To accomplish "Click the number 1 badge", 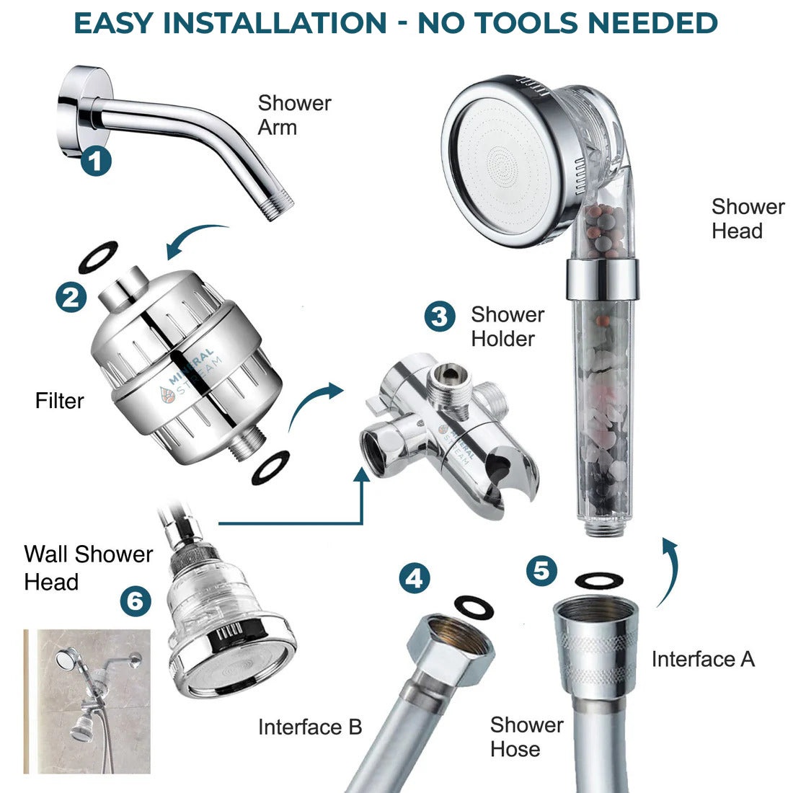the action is [96, 161].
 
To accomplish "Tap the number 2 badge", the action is [71, 297].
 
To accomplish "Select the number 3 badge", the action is [440, 316].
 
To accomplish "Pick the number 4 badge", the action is [415, 578].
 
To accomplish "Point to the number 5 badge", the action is [541, 570].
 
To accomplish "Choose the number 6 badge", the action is [136, 601].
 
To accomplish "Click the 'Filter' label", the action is [60, 401].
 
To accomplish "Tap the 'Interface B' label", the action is [310, 727].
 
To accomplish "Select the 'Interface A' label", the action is [703, 659].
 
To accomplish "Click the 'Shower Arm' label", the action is [294, 115].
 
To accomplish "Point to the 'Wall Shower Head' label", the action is [89, 567].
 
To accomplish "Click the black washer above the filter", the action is [98, 257].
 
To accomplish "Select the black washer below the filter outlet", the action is [270, 468].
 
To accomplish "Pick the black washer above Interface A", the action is [599, 580].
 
